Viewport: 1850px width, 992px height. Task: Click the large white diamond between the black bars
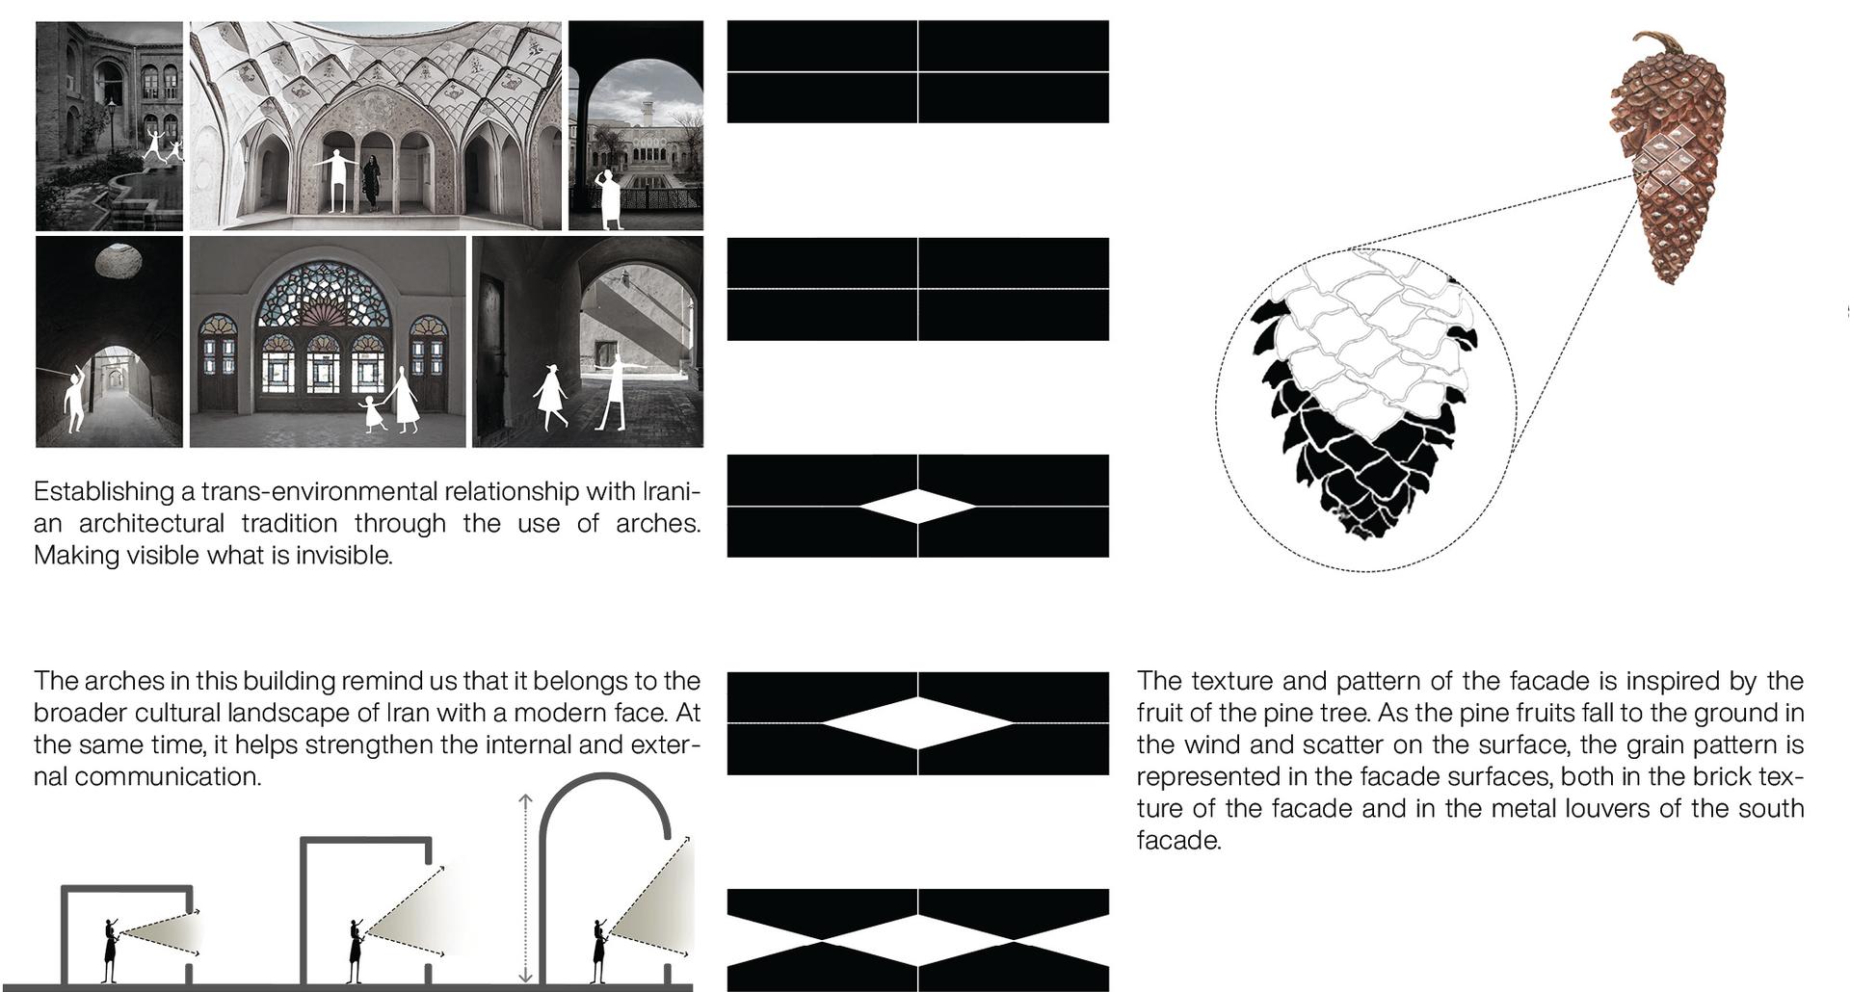[917, 722]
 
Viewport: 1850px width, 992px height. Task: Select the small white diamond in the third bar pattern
[917, 506]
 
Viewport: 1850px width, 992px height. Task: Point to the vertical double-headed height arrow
[525, 888]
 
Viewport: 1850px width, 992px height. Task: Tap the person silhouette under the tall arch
[600, 952]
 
